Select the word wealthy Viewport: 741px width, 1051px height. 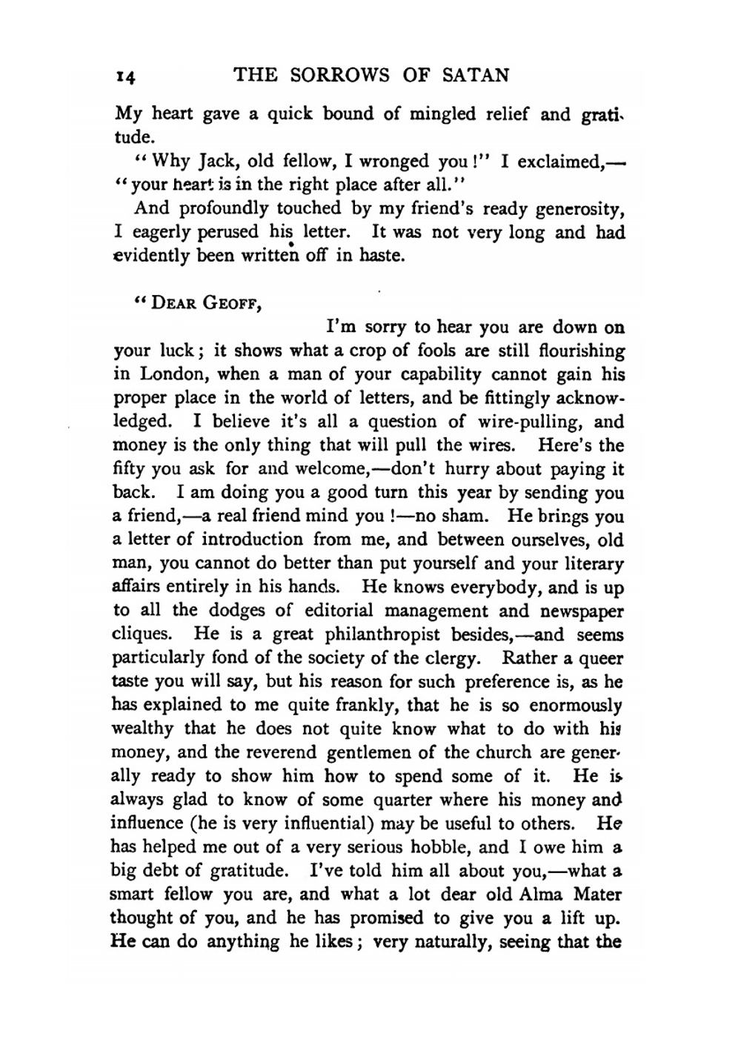point(142,730)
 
